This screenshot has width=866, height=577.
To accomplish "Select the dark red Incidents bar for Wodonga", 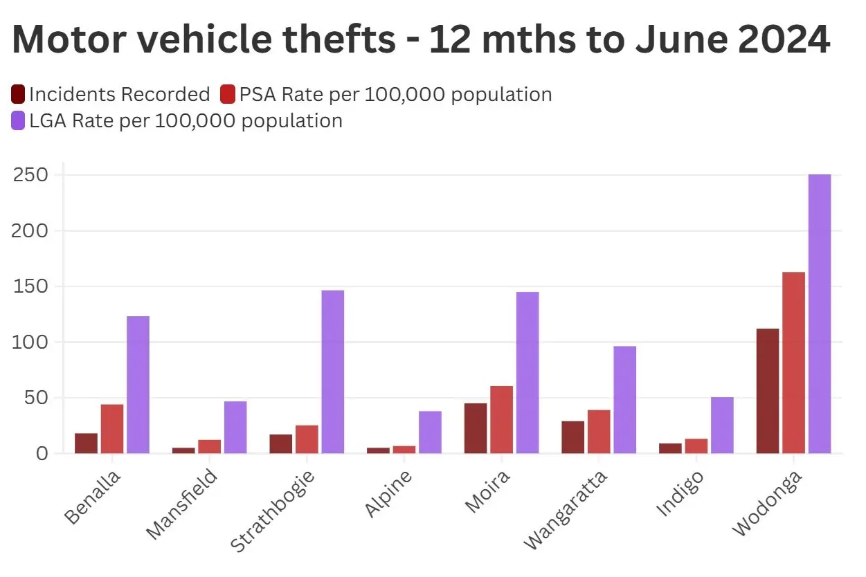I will [x=767, y=391].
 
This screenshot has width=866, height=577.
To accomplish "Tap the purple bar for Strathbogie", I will [x=333, y=372].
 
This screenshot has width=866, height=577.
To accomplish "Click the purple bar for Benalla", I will [x=138, y=385].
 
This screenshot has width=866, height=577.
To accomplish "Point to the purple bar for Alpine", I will [x=430, y=432].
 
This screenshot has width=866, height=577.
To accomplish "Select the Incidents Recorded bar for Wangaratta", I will [x=572, y=437].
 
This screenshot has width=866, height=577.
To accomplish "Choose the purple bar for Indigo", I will [x=722, y=425].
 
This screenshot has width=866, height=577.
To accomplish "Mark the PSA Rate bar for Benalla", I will [x=112, y=429].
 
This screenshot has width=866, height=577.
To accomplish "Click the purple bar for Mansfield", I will [x=235, y=428].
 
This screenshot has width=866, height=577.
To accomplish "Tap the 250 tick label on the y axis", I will [x=30, y=175].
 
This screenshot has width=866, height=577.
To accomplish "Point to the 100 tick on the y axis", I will [x=30, y=342].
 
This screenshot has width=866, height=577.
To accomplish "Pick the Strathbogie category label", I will [x=273, y=511].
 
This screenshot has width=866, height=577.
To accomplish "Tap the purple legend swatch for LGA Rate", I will [x=19, y=121].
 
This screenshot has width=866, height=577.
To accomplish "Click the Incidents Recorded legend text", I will [x=119, y=94].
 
